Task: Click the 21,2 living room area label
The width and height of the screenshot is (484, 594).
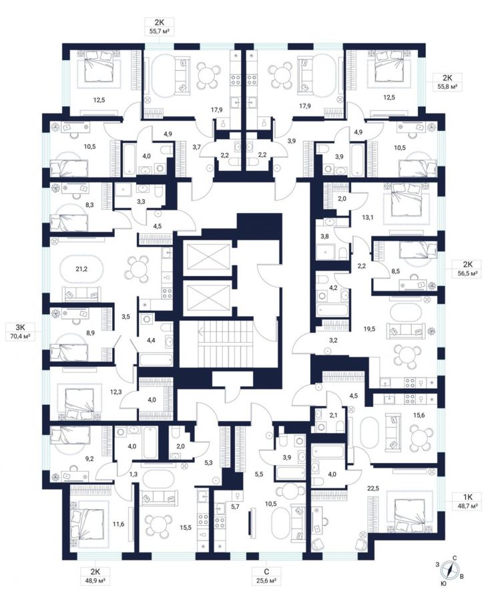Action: pyautogui.click(x=81, y=269)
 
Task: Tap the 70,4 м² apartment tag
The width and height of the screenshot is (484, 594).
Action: pyautogui.click(x=21, y=336)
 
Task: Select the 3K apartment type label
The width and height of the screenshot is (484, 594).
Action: pyautogui.click(x=21, y=327)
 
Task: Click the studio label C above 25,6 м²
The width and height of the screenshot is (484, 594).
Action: pyautogui.click(x=266, y=572)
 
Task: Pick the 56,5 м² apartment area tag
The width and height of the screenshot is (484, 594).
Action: pyautogui.click(x=467, y=273)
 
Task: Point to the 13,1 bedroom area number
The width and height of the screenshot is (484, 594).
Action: pyautogui.click(x=368, y=217)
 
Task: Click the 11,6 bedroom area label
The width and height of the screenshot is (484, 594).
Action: pyautogui.click(x=118, y=524)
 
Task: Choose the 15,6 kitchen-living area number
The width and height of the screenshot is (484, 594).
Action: pyautogui.click(x=419, y=415)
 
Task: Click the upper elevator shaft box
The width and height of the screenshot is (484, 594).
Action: pyautogui.click(x=206, y=257)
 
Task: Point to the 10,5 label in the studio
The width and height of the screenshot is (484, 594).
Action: pyautogui.click(x=270, y=504)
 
